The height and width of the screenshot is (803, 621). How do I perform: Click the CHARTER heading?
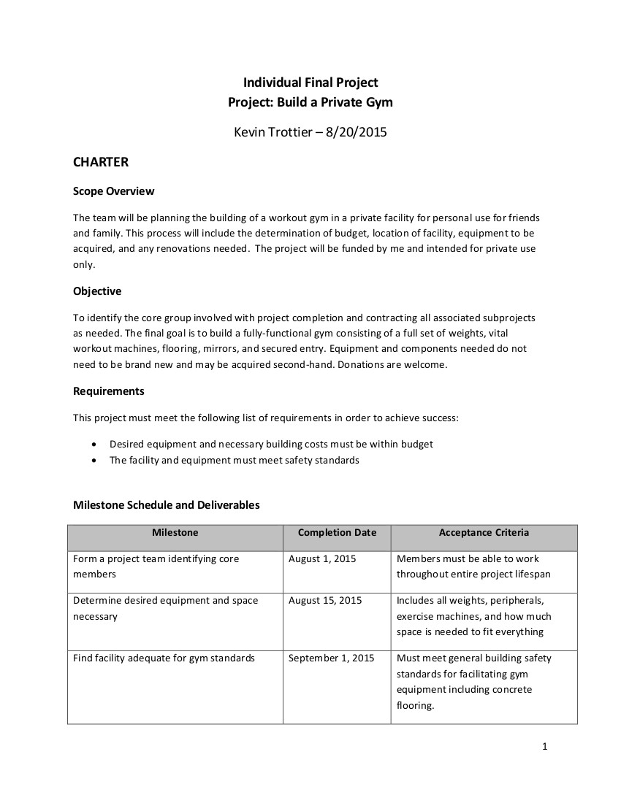(101, 161)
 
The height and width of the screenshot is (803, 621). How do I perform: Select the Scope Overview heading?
(113, 191)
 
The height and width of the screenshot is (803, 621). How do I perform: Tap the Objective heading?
(97, 291)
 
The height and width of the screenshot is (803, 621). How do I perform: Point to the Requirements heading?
(109, 391)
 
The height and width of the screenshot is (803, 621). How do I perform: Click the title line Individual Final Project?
(310, 83)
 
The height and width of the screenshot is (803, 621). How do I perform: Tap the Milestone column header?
(175, 533)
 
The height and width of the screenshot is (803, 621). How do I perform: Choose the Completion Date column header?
(337, 533)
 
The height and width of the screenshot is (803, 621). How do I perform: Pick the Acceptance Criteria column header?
(484, 533)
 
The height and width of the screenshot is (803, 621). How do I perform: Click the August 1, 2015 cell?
(322, 559)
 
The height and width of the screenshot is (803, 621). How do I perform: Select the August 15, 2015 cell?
(325, 601)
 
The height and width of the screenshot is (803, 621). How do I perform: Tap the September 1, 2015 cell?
(331, 658)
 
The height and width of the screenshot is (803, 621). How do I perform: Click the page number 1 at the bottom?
(544, 746)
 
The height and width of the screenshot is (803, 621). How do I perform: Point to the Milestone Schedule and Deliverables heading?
(167, 504)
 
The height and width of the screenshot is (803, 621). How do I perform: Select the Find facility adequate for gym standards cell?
(164, 658)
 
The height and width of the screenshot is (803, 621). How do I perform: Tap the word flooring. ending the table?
(415, 706)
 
